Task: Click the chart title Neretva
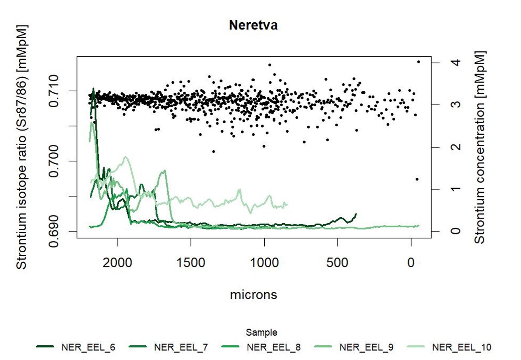pos(253,26)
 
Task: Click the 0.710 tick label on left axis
pos(58,91)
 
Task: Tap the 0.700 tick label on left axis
pos(58,161)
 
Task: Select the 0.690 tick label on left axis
pos(58,231)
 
